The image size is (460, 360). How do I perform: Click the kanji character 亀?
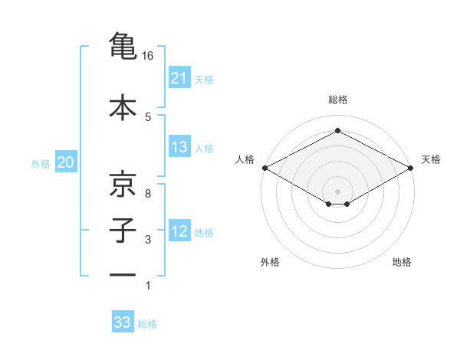coord(123,45)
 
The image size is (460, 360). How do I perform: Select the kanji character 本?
coord(123,106)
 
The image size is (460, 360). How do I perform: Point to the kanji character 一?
coord(123,275)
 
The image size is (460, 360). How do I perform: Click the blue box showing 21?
coord(179,78)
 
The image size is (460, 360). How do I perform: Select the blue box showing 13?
coord(179,147)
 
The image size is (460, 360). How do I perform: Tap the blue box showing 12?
coord(179,231)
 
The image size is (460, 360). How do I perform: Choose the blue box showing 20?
coord(66,162)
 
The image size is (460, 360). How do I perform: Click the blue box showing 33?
coord(123,322)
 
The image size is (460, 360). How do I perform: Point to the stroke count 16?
coord(148,56)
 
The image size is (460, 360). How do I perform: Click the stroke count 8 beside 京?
coord(148,194)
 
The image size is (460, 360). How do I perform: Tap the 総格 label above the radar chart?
coord(337,100)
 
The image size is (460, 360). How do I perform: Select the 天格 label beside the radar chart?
coord(431,159)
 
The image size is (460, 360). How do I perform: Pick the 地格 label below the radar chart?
coord(402,262)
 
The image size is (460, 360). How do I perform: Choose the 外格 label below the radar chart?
coord(270,262)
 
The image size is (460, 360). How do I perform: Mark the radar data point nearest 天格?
coord(412,168)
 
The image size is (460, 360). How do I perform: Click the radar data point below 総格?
coord(337,131)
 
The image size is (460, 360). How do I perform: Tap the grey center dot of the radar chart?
coord(337,191)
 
